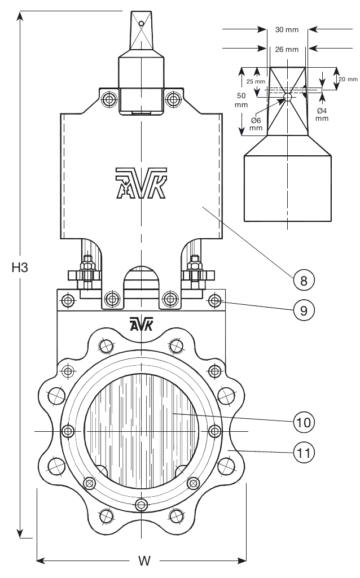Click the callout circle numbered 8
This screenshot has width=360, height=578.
(304, 279)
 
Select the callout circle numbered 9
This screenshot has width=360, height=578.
(304, 310)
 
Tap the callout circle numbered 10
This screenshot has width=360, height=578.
(304, 422)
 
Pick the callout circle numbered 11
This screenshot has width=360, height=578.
(304, 452)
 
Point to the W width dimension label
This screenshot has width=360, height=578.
(144, 561)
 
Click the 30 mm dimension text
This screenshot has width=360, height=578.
(287, 29)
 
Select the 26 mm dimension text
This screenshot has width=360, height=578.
(287, 49)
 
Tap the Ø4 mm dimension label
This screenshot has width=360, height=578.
(322, 114)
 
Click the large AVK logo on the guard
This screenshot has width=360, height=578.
(141, 183)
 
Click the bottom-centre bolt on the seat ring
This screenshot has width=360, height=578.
(141, 503)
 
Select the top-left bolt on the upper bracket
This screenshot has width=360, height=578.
(108, 100)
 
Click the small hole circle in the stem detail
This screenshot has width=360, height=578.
(288, 97)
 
